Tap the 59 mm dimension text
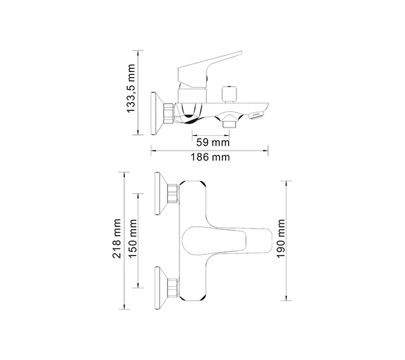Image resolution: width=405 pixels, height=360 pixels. [213, 143]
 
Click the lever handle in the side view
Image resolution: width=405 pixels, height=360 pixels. [210, 65]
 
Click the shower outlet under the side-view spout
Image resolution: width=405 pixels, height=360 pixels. [229, 123]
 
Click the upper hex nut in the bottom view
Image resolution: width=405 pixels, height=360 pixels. [173, 194]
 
